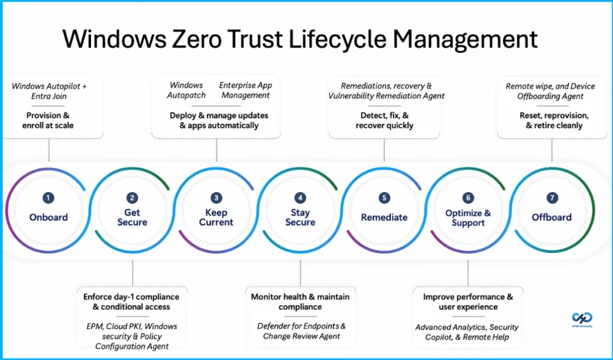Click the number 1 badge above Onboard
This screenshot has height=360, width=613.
click(48, 198)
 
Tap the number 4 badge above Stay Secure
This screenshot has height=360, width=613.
click(300, 198)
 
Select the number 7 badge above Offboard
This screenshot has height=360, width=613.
click(552, 198)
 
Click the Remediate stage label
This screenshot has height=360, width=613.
click(384, 217)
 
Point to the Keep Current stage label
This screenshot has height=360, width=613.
click(216, 217)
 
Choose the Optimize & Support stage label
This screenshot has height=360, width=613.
click(468, 217)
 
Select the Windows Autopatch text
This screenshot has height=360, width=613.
click(186, 90)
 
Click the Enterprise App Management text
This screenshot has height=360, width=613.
click(246, 90)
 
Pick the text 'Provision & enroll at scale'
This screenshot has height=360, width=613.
click(48, 120)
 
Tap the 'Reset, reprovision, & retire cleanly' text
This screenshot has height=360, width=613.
click(552, 120)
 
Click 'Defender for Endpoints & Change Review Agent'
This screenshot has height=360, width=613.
click(300, 331)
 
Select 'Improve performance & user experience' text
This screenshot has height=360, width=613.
click(468, 302)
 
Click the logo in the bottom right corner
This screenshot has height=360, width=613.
click(581, 319)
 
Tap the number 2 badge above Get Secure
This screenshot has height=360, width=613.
click(133, 198)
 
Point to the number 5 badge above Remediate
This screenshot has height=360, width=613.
click(384, 198)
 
